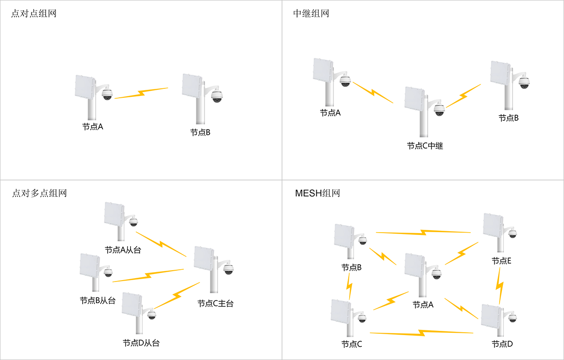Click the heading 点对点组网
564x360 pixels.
click(33, 14)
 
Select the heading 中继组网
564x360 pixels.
click(311, 14)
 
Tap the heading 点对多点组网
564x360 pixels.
click(39, 193)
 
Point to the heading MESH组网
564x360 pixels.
click(317, 193)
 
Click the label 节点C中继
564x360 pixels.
click(425, 146)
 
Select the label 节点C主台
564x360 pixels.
click(215, 304)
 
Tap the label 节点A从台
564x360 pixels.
click(123, 250)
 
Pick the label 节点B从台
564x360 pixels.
click(97, 301)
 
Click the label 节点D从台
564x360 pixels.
click(141, 343)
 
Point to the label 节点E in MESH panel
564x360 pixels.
click(501, 261)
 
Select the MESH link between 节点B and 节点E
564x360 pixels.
click(423, 232)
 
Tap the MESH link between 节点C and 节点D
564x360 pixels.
click(421, 333)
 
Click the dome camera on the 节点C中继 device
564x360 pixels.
click(439, 110)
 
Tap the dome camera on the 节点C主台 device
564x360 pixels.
click(228, 269)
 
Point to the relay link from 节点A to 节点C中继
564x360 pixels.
click(373, 92)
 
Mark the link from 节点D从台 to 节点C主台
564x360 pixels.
click(177, 295)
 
